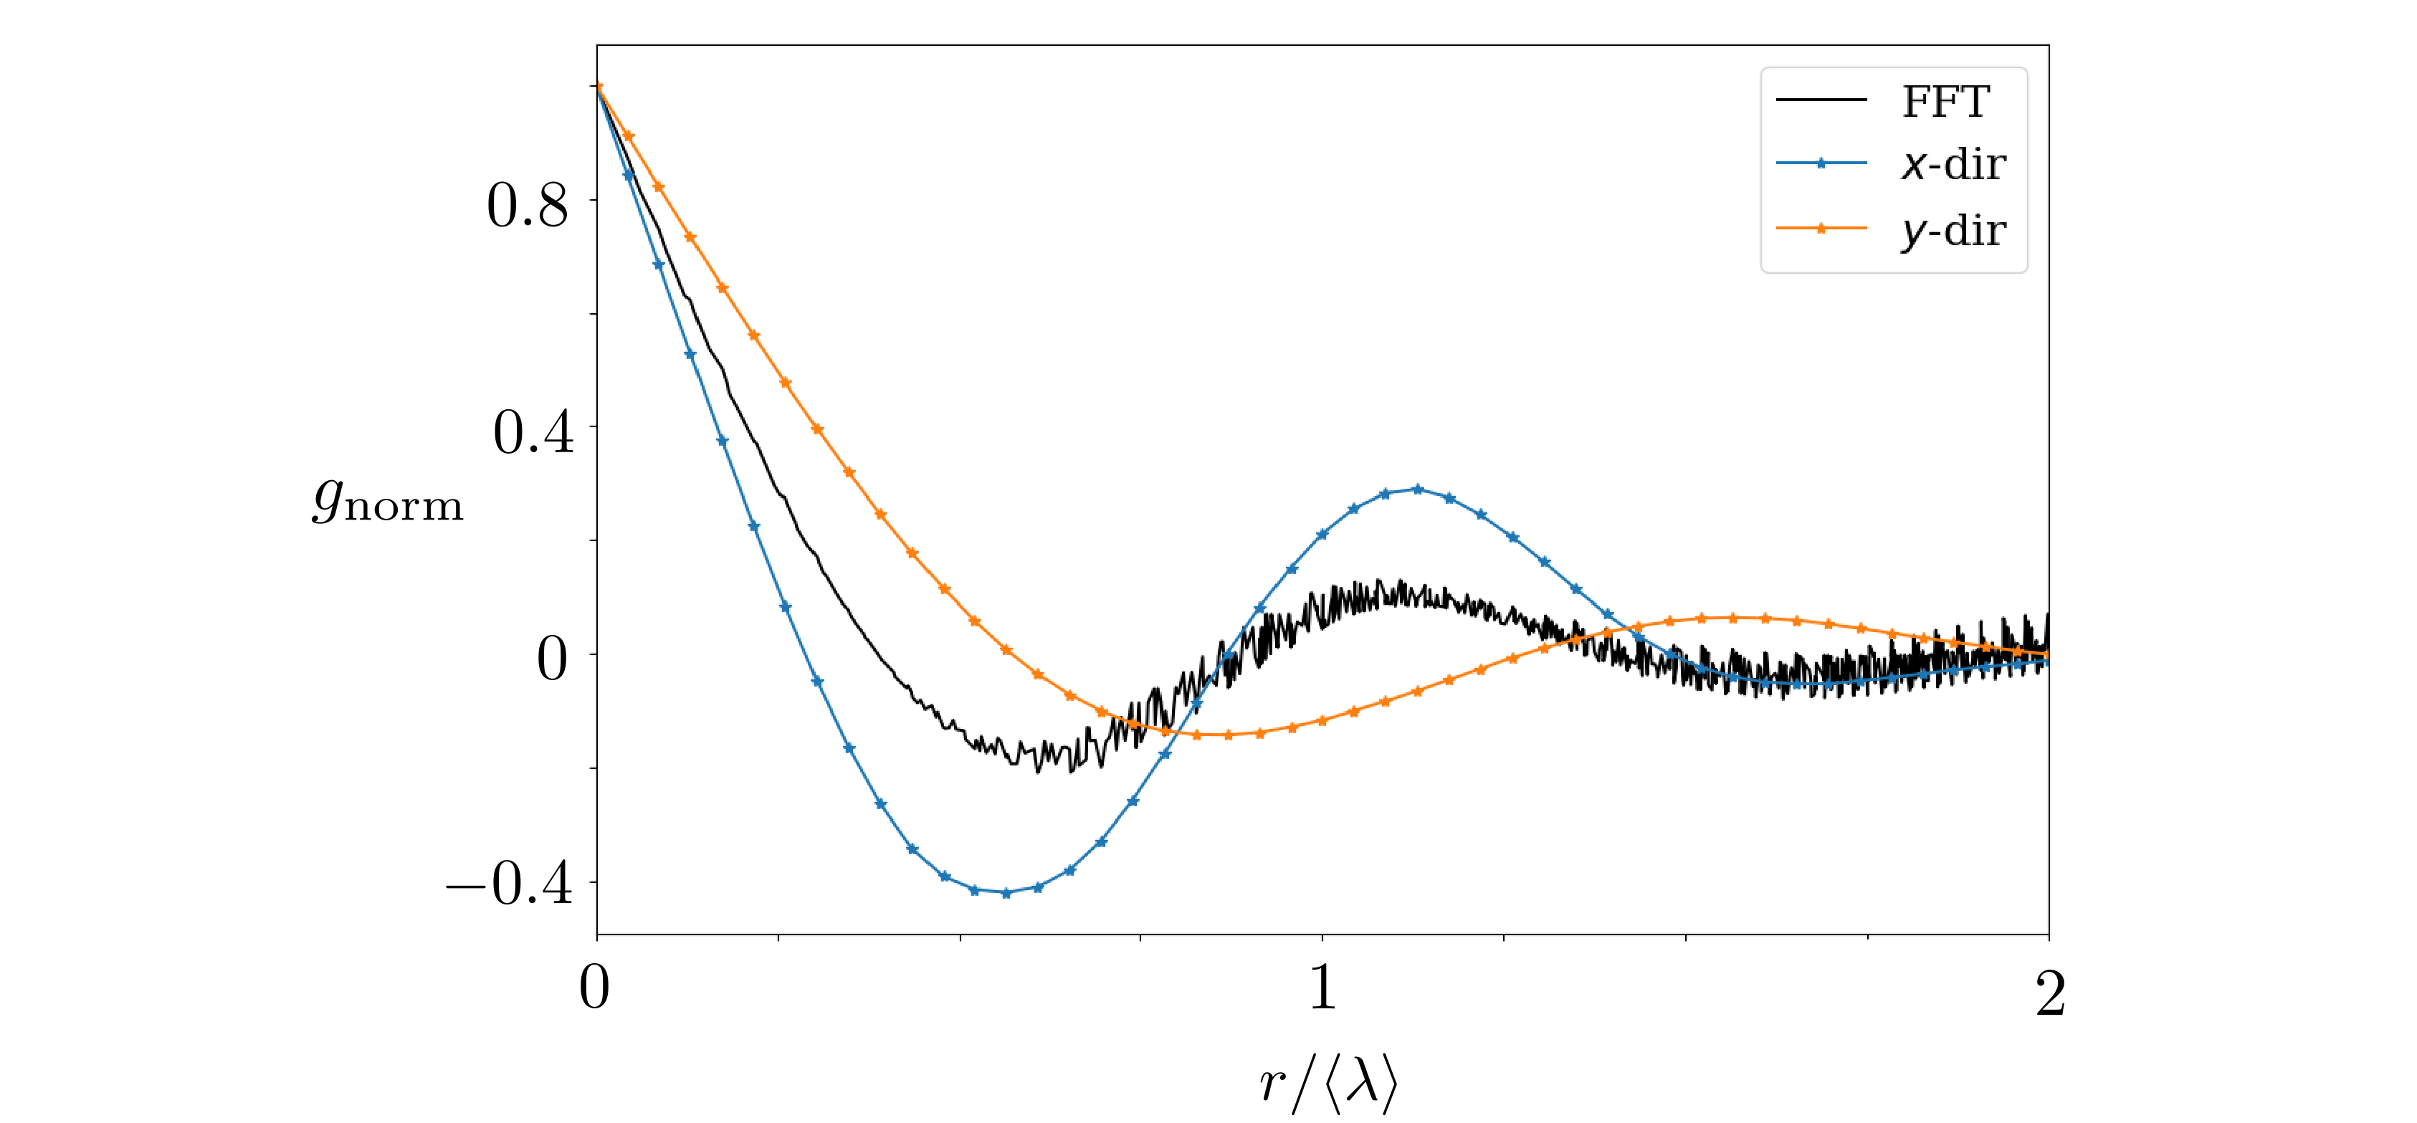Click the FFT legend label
(x=1945, y=101)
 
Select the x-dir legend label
(x=1953, y=165)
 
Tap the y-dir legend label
(x=1953, y=231)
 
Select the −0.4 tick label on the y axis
(x=510, y=883)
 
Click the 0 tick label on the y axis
(x=552, y=658)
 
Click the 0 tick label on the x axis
(x=594, y=988)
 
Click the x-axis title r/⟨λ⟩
(x=1327, y=1084)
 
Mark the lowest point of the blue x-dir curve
(x=1006, y=893)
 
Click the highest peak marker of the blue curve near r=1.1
(x=1417, y=489)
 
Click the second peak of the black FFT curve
(x=1400, y=583)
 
